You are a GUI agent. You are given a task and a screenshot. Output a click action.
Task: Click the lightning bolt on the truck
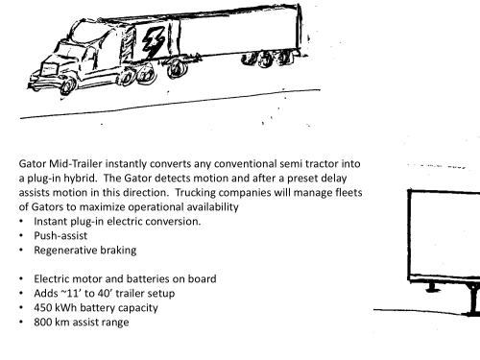pyautogui.click(x=154, y=41)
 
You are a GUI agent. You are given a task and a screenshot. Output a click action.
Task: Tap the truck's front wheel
pyautogui.click(x=68, y=85)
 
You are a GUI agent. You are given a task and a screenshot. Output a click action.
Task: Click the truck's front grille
pyautogui.click(x=49, y=69)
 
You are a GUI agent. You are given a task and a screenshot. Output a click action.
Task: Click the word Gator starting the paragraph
pyautogui.click(x=33, y=164)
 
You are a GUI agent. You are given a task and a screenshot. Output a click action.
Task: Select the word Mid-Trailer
pyautogui.click(x=76, y=164)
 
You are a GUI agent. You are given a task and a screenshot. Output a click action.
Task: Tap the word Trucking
pyautogui.click(x=195, y=193)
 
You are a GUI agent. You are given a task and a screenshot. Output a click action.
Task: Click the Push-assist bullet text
pyautogui.click(x=60, y=236)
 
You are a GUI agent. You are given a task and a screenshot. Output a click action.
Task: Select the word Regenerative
pyautogui.click(x=65, y=251)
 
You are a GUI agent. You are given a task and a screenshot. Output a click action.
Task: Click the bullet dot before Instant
pyautogui.click(x=21, y=222)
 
